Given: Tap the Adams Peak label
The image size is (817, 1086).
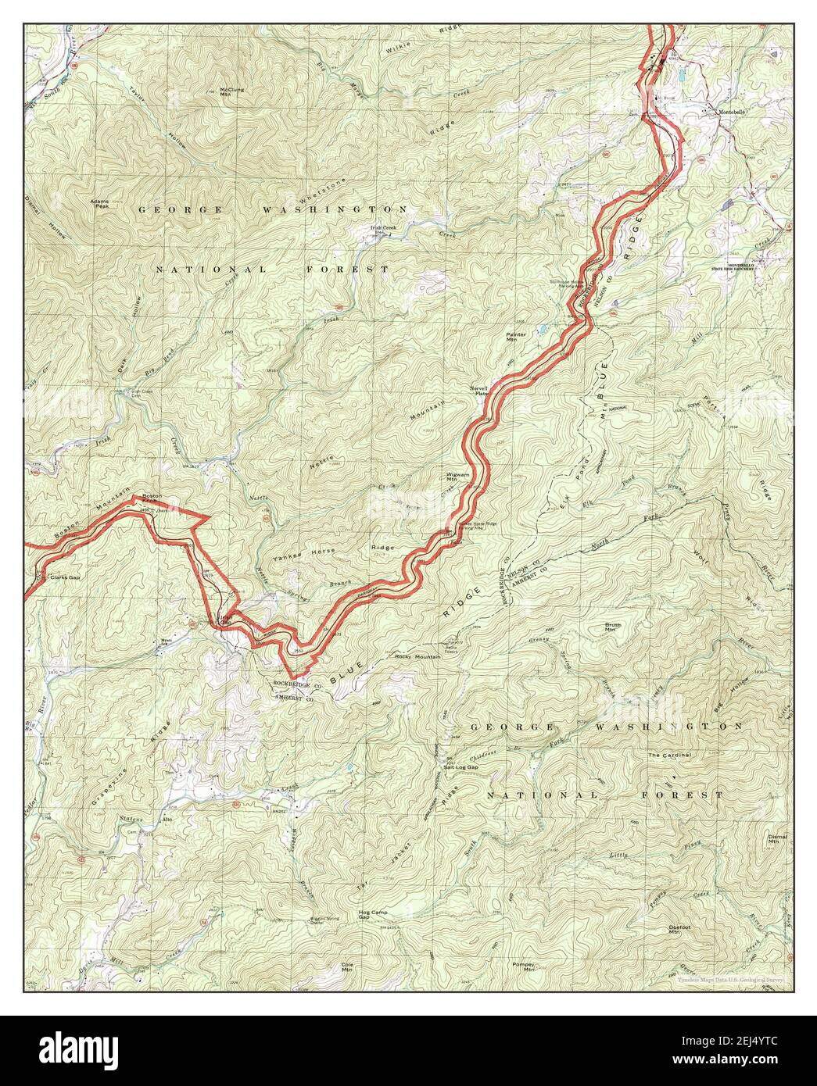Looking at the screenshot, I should pos(102,202).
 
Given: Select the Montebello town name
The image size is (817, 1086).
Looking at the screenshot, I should pos(736,112).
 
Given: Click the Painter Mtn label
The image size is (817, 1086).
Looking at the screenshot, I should pos(516,337).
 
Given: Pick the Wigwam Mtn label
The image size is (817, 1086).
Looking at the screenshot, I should pos(457,476).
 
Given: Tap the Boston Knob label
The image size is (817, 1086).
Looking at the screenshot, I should pos(151,499).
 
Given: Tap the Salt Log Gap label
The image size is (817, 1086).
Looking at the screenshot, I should pos(460,767).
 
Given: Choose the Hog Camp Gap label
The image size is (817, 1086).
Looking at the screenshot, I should pos(373,914).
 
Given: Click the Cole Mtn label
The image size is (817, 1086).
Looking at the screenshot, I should pos(348,966).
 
